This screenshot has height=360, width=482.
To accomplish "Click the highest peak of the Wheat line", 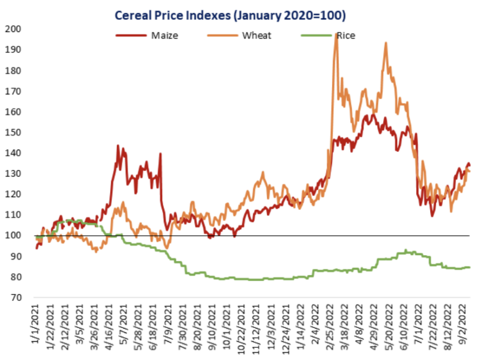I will [336, 51].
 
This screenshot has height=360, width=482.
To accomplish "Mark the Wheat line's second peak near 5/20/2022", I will [386, 43].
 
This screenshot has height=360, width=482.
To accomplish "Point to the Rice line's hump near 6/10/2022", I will [407, 251].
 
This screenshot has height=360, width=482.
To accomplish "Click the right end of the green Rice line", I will [469, 267].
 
